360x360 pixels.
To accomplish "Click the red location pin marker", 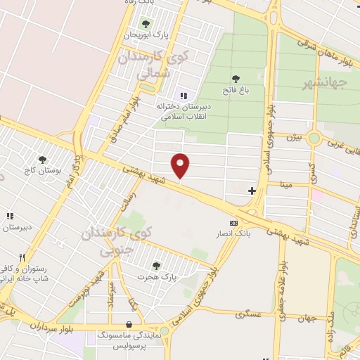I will (181, 165).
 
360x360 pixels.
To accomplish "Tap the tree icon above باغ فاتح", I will (236, 79).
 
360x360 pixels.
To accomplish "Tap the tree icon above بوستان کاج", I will (43, 160).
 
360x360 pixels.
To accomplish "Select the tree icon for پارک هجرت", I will (155, 265).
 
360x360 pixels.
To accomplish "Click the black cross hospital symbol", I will (252, 191).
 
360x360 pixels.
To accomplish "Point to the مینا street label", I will (287, 184).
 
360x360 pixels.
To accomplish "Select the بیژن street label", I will (292, 138).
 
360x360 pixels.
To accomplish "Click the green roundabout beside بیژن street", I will (314, 138).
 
